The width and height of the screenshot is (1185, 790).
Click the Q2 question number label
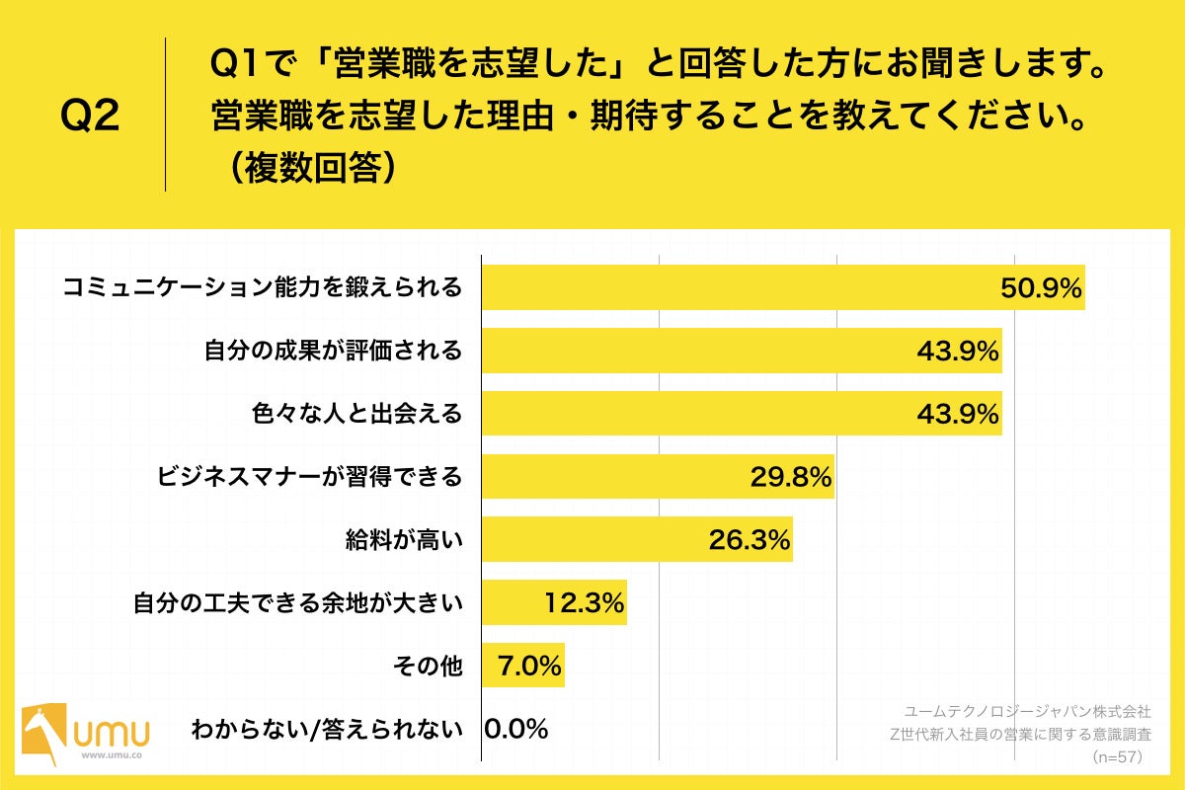click(x=90, y=118)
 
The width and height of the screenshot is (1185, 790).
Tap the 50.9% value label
click(x=1041, y=288)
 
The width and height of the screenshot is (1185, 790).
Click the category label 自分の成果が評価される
click(x=333, y=351)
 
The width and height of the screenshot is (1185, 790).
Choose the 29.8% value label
click(x=790, y=477)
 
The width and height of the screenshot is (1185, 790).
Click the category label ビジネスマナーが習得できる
click(x=309, y=477)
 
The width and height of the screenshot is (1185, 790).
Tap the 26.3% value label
click(x=750, y=540)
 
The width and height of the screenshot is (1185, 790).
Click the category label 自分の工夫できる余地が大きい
click(x=297, y=603)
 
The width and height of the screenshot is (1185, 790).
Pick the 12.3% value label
click(x=585, y=603)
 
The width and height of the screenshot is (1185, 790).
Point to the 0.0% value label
click(x=515, y=730)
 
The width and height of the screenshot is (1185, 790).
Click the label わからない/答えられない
click(x=327, y=730)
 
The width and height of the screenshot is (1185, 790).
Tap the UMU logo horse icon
click(x=44, y=732)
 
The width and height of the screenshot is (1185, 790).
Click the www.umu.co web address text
click(x=111, y=755)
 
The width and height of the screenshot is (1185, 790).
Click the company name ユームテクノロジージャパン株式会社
click(x=1027, y=711)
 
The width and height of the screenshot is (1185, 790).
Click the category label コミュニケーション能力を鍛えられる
click(x=262, y=287)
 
